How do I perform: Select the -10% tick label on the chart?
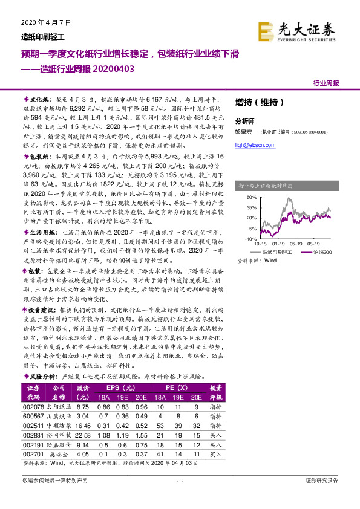pyautogui.click(x=250, y=239)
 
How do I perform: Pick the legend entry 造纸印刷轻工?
pyautogui.click(x=277, y=251)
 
